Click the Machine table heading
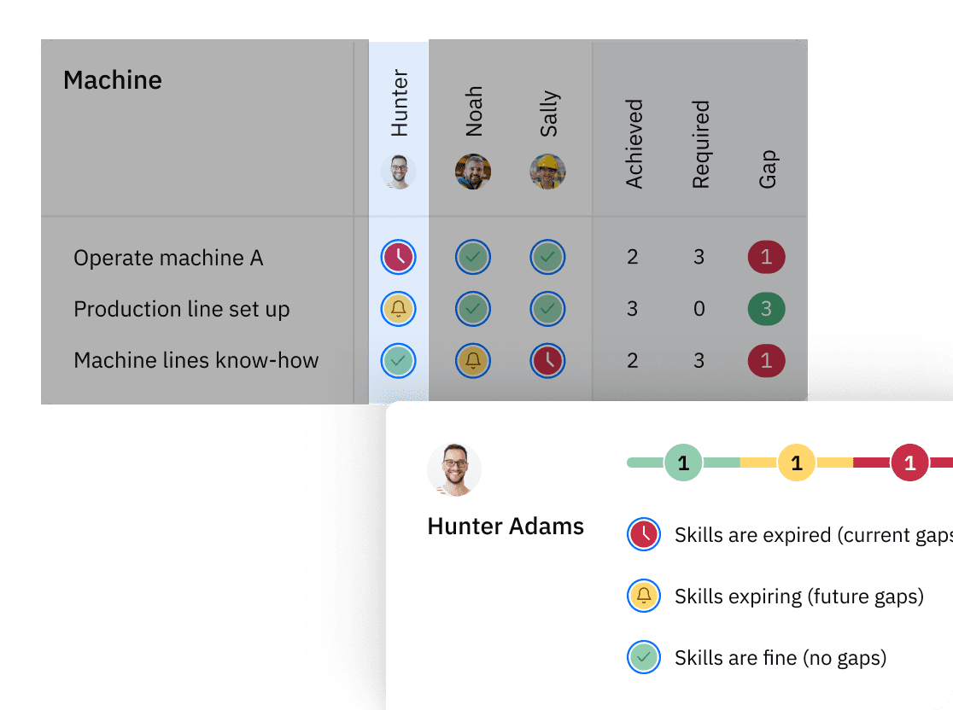coord(113,80)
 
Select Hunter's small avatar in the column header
coord(398,172)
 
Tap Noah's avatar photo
coord(473,172)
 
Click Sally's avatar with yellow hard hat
coord(547,172)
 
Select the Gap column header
coord(767,169)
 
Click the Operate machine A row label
coord(168,258)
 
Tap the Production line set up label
coord(182,309)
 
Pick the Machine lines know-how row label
coord(196,360)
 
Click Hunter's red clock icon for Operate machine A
coord(398,258)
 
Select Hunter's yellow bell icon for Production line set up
coord(398,309)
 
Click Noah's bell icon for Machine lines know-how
coord(473,360)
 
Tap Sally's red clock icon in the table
coord(547,360)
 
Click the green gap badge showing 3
coord(766,309)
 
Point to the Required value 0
coord(699,309)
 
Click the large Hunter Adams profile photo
coord(454,470)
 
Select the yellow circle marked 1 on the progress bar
coord(796,463)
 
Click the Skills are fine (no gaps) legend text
coord(781,658)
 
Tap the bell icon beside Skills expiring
coord(644,597)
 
